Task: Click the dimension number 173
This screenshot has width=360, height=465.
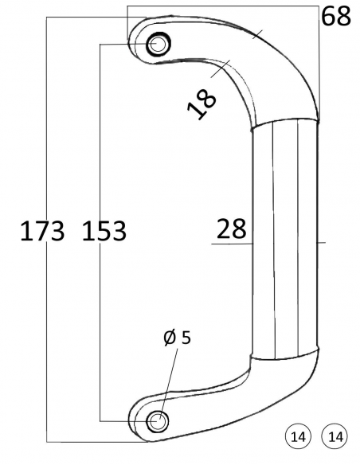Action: pyautogui.click(x=42, y=231)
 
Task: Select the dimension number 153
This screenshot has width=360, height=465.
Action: pyautogui.click(x=104, y=231)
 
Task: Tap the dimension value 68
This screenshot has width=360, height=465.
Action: pyautogui.click(x=336, y=17)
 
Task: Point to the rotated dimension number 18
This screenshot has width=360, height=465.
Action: pyautogui.click(x=202, y=104)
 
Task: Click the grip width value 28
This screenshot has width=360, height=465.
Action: pyautogui.click(x=231, y=229)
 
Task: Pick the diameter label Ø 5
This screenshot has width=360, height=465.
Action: pyautogui.click(x=177, y=338)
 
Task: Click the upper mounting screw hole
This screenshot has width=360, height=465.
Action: pyautogui.click(x=158, y=44)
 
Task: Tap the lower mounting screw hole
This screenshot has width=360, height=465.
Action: pyautogui.click(x=158, y=420)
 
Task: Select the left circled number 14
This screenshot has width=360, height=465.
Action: pyautogui.click(x=298, y=437)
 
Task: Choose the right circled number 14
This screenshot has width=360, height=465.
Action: pyautogui.click(x=335, y=437)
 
